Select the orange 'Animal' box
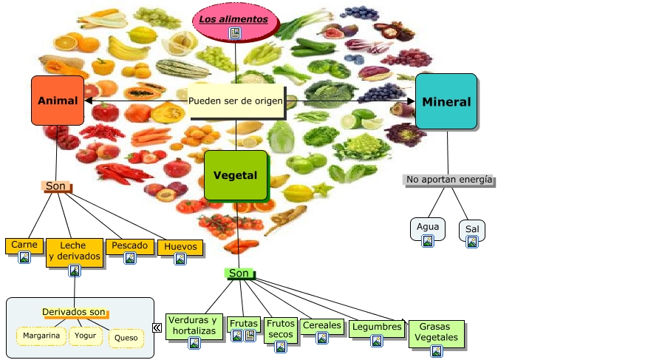pos(58,100)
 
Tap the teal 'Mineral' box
pos(446,101)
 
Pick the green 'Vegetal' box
pos(236,175)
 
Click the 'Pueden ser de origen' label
pos(236,101)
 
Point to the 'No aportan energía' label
pos(449,180)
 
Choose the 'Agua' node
pos(428,228)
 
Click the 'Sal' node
pos(472,230)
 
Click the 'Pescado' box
pos(130,246)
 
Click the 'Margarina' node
pos(41,336)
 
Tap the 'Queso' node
pos(126,338)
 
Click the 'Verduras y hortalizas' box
pos(194,326)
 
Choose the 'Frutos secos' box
pos(281,330)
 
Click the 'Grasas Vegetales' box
pos(437,333)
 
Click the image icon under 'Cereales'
pos(322,338)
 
